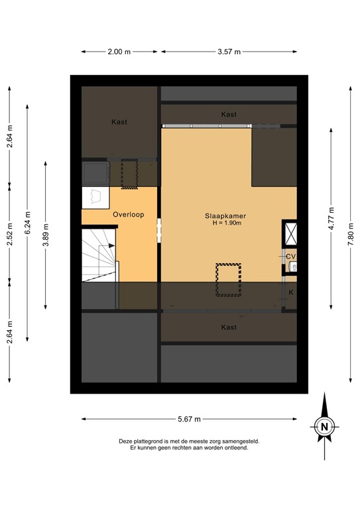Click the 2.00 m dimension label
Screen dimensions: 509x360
point(119,52)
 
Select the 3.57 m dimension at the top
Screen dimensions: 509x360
point(229,52)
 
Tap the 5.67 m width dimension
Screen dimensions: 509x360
point(189,419)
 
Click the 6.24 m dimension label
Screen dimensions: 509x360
point(27,221)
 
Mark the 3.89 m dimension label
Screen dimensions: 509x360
point(45,235)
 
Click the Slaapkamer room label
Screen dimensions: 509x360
point(222,215)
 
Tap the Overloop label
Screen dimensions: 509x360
point(125,215)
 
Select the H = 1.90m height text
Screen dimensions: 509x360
point(223,223)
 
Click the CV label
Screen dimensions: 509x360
point(290,256)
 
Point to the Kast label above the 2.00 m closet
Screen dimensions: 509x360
point(119,122)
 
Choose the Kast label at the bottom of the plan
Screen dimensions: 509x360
point(229,327)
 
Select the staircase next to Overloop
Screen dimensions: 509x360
point(99,255)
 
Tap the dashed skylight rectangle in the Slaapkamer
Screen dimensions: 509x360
point(228,280)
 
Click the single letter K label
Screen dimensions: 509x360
point(290,292)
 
